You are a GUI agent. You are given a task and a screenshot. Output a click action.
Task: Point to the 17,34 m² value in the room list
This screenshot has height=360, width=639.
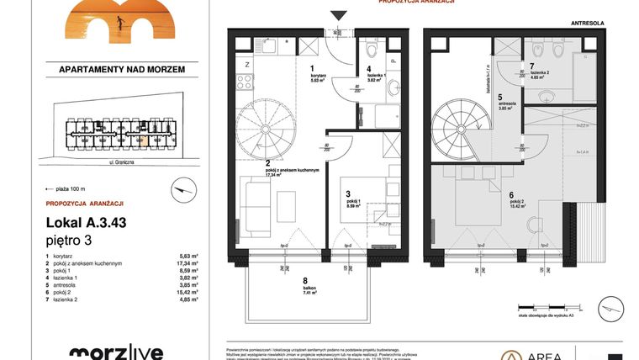[x=187, y=263]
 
